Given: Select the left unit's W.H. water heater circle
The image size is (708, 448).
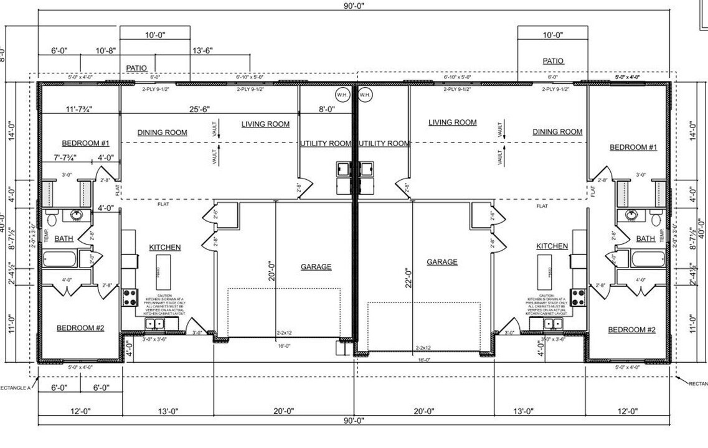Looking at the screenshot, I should pos(342,95).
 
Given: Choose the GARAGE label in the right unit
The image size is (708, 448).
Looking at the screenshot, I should pos(442,262).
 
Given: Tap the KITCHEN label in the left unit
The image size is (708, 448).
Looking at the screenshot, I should pos(165,248).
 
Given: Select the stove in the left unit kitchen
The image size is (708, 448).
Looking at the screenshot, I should pos(131,297).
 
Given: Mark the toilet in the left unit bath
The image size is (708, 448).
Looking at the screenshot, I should pos(51,219).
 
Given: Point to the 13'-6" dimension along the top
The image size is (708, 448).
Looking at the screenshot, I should pos(203,50).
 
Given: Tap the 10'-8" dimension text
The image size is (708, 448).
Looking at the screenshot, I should pos(106,50).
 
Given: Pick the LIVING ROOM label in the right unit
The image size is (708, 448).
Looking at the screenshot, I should pos(453,123).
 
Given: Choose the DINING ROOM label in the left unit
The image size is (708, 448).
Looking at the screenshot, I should pos(163,133).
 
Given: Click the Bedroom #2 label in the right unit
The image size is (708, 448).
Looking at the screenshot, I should pos(631,330).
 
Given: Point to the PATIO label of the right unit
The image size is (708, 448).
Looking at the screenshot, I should pos(553,61).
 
